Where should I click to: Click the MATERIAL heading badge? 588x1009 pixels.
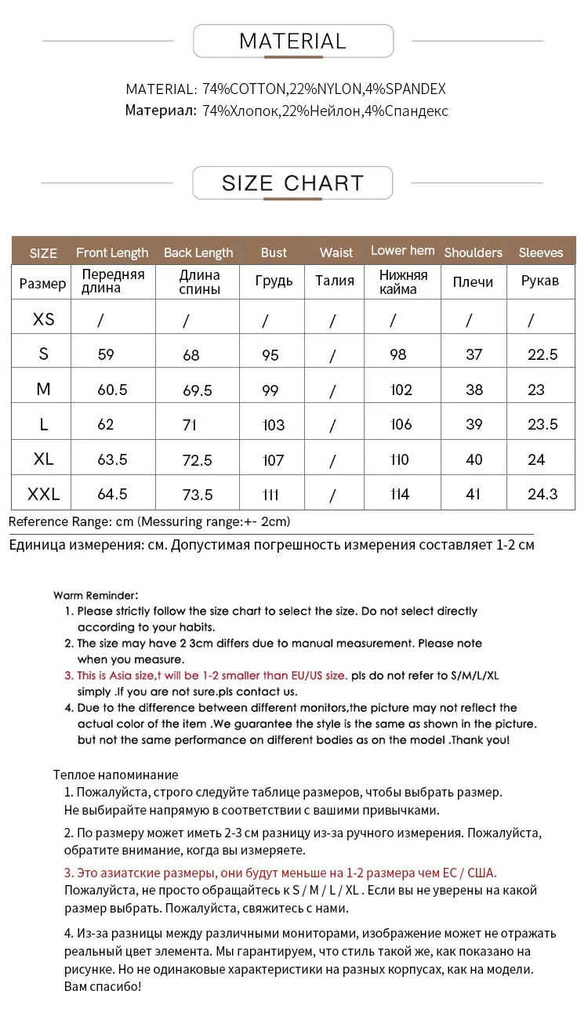tap(292, 41)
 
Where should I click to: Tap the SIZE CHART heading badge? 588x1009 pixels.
tap(292, 183)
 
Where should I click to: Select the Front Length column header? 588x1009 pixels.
tap(112, 252)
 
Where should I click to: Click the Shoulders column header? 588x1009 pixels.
tap(473, 252)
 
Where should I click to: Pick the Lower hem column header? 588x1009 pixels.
tap(403, 251)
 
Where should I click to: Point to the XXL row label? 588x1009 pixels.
tap(43, 494)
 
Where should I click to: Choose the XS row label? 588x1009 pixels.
tap(44, 319)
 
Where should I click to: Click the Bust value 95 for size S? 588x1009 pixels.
tap(270, 355)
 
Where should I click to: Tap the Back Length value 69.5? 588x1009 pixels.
tap(197, 390)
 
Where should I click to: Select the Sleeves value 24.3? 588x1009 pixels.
tap(543, 494)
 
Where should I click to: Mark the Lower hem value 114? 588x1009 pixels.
tap(400, 494)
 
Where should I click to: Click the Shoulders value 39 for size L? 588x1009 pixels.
tap(474, 424)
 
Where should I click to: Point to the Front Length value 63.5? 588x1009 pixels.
tap(112, 459)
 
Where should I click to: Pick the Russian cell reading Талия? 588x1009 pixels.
tap(335, 281)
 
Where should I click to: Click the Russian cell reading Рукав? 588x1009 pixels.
tap(540, 281)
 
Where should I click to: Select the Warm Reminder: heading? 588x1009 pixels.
tap(96, 596)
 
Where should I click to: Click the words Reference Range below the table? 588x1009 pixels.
tap(60, 521)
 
